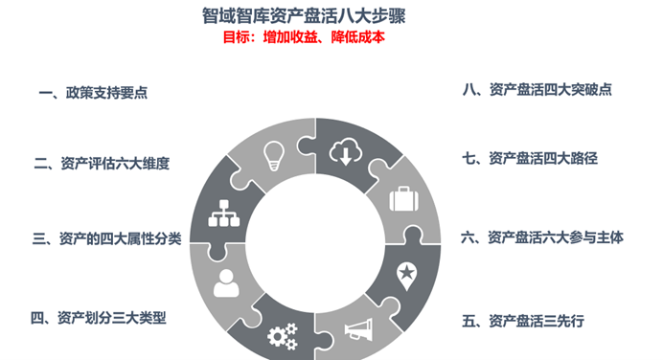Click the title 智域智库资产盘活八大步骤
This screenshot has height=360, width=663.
click(x=304, y=16)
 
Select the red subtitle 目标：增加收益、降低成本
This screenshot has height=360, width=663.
click(x=304, y=37)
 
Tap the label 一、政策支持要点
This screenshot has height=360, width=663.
click(x=93, y=93)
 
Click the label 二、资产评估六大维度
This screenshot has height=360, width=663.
click(x=102, y=164)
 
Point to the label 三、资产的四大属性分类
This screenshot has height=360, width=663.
click(x=107, y=238)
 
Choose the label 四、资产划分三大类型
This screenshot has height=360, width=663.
click(x=99, y=318)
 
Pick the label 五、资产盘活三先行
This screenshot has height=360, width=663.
click(x=523, y=321)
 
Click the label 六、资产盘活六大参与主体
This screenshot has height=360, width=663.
click(x=542, y=237)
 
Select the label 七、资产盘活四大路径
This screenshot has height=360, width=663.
click(x=530, y=158)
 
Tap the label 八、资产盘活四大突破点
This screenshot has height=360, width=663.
click(x=537, y=90)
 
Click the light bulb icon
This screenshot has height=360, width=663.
click(x=274, y=156)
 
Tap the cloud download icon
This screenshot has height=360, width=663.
click(x=346, y=151)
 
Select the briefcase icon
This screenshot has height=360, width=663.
click(x=403, y=198)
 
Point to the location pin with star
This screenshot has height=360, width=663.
click(x=407, y=277)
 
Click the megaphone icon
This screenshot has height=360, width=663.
click(x=359, y=329)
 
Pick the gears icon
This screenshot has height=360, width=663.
click(x=283, y=336)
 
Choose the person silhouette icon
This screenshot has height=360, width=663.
click(x=226, y=283)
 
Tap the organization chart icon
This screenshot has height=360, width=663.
click(x=224, y=214)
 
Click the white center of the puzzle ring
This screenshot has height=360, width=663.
click(x=315, y=243)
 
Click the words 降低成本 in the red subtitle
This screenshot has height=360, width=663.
click(x=358, y=37)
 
